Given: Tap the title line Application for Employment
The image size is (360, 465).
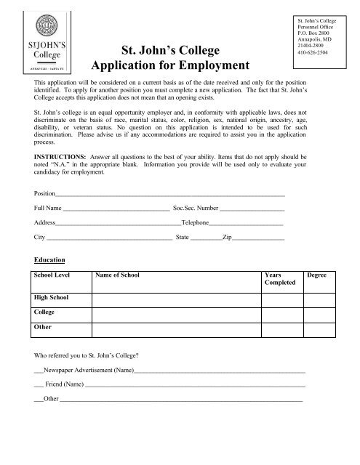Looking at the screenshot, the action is (x=171, y=66).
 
